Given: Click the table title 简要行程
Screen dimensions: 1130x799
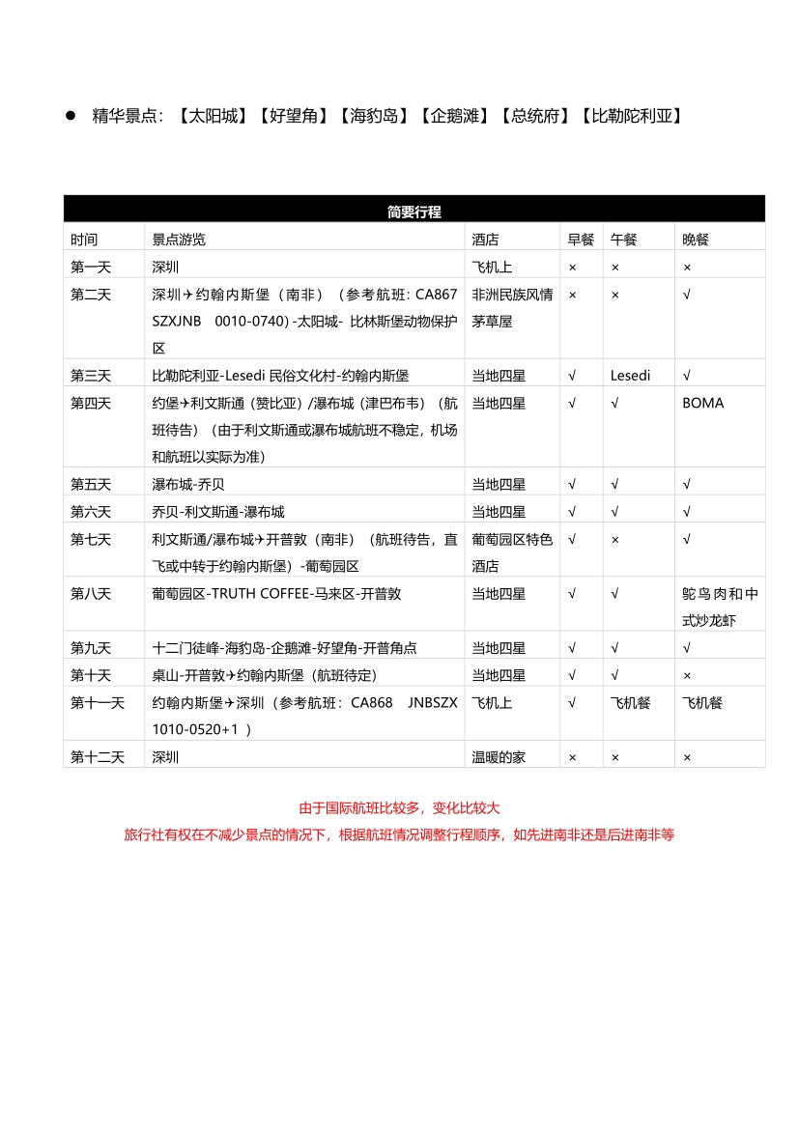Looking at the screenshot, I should [x=414, y=212].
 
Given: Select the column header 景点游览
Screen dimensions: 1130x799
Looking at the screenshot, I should [x=179, y=240].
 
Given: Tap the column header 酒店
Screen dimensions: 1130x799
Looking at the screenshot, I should [x=485, y=240].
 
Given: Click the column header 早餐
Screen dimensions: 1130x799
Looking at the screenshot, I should [x=581, y=240].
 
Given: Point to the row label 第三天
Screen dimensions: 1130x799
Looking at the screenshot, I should [x=91, y=376].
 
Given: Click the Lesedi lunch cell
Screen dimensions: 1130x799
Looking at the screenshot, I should [x=631, y=376].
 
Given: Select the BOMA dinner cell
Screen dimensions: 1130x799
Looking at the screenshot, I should [x=702, y=403].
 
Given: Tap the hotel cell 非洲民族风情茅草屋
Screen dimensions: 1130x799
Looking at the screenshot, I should [x=512, y=307].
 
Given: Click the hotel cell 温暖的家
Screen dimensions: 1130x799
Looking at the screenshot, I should [x=499, y=758].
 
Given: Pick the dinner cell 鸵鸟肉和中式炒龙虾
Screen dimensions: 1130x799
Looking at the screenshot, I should [x=720, y=607].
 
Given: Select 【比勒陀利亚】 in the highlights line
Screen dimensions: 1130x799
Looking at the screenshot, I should [x=633, y=116].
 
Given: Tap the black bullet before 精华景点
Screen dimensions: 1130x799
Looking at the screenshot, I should [x=71, y=116].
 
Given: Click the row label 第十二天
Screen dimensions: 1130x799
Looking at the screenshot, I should [x=98, y=758].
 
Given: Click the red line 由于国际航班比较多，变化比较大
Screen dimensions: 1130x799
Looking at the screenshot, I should [x=399, y=808].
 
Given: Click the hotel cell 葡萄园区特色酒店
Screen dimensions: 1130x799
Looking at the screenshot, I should [x=512, y=552].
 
